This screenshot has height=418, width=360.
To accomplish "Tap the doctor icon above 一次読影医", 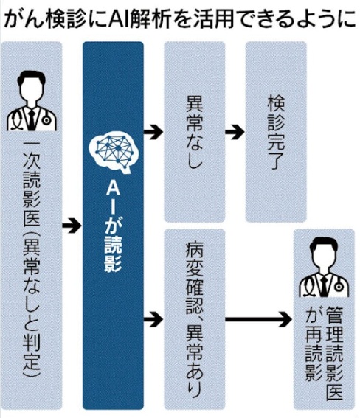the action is [x=32, y=102].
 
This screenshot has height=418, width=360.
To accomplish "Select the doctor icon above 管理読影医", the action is [x=324, y=268].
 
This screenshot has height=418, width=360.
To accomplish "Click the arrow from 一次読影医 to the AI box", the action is [x=72, y=226].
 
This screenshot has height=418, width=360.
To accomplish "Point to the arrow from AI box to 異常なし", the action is [x=153, y=131].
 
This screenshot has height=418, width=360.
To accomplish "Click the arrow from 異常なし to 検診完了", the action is [x=235, y=131].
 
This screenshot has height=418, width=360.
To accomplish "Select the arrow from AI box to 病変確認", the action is [x=153, y=319].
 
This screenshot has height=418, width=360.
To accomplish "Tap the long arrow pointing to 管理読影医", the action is [x=258, y=319].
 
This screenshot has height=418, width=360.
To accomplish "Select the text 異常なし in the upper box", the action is [x=195, y=133].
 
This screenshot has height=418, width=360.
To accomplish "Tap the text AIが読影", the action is [x=113, y=227].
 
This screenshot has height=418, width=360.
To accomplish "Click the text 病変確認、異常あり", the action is [x=195, y=319].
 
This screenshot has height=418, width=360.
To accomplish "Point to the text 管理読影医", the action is [x=334, y=352].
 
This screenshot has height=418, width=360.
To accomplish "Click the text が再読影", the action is [x=314, y=344].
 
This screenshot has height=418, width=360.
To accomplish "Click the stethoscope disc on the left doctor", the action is [x=46, y=120].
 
